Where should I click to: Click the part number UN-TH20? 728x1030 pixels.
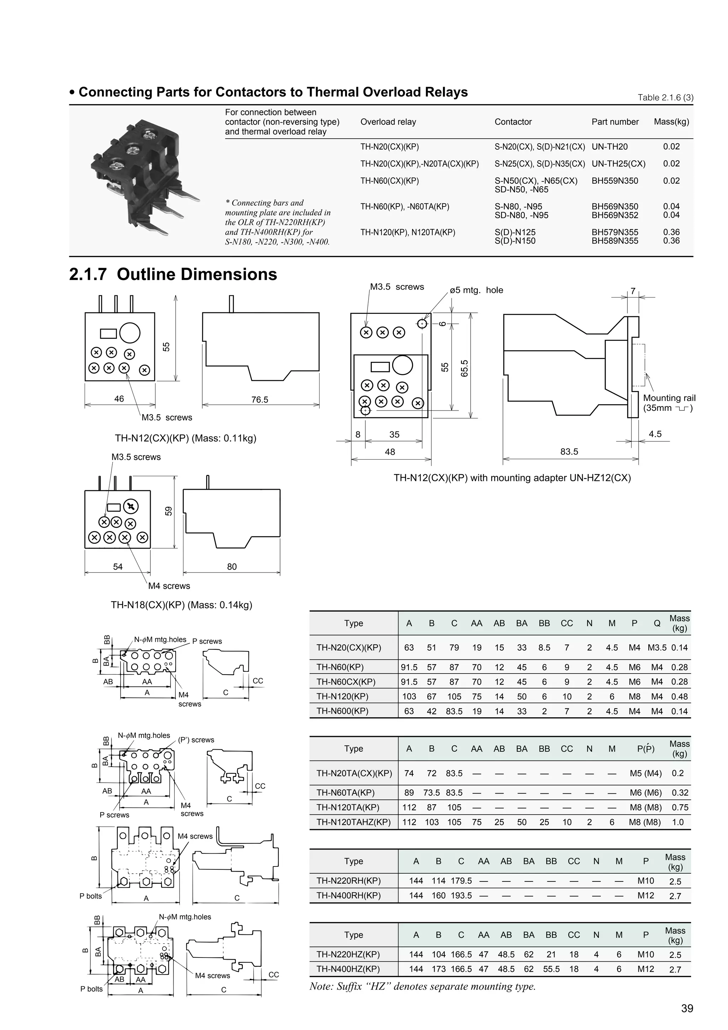click(x=610, y=147)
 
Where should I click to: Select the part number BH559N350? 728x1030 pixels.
click(x=615, y=181)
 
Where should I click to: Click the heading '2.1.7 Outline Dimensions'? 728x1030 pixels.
click(x=173, y=274)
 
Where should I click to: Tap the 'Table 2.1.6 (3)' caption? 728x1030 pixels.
click(x=666, y=97)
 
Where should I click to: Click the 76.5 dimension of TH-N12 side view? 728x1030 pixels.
click(x=260, y=399)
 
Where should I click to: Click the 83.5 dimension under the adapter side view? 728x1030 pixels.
click(x=569, y=451)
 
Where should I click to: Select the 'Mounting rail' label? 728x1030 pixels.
click(x=669, y=398)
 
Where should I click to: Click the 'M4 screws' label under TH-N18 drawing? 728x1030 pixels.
click(x=169, y=586)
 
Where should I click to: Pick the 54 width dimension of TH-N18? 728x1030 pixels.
click(x=118, y=567)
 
